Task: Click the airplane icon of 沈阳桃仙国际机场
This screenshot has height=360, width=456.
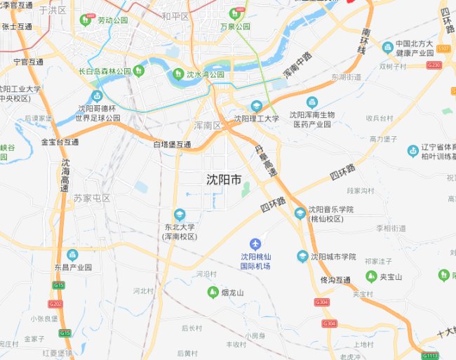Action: pos(255,244)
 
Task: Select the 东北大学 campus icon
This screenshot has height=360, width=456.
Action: pos(180,214)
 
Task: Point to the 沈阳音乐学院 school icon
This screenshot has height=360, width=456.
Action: pos(300,213)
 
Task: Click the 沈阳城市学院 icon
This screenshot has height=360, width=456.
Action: pos(302,256)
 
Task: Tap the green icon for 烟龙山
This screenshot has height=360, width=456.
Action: pos(212,292)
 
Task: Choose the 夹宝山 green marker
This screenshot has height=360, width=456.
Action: pos(373,276)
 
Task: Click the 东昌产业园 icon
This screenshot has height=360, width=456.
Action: pos(72,254)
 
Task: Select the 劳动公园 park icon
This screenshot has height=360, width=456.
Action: pos(87,20)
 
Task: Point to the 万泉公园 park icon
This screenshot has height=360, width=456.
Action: pos(234,14)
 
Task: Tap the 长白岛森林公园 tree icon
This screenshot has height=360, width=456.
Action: pos(139,70)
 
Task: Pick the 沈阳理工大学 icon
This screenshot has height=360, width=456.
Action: pos(257,106)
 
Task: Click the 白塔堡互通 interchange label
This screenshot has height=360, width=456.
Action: pos(172,144)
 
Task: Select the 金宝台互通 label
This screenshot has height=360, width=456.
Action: pos(60,142)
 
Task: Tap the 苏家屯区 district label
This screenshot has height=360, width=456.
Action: pos(92,198)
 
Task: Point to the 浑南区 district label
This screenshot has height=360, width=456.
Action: pos(208,125)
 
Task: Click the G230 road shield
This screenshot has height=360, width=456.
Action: pos(434,65)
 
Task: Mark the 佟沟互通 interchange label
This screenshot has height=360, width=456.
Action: pos(335,280)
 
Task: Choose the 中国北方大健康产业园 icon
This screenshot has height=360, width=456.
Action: pos(387,47)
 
